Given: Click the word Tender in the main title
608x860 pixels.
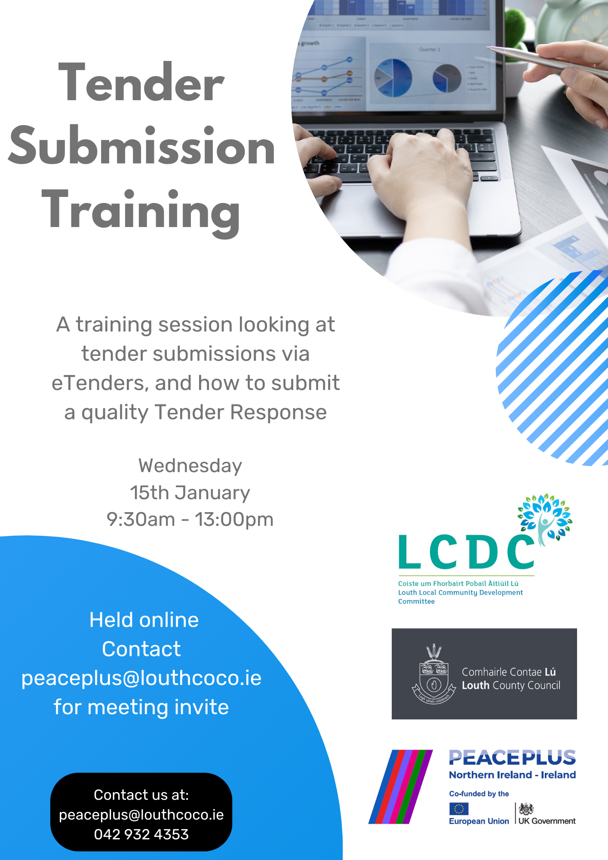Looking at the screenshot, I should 141,83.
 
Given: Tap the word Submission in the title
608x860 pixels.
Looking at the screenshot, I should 141,146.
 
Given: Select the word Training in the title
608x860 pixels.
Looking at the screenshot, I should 141,211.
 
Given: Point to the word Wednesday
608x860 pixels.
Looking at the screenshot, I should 190,466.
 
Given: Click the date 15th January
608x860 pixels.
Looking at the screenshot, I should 190,493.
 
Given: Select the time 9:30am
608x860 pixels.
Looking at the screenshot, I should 141,519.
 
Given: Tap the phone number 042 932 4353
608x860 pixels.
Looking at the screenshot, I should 141,835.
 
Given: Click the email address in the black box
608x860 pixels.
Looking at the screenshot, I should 141,815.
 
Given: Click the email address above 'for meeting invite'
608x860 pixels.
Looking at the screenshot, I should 141,678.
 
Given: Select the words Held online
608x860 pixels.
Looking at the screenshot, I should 144,620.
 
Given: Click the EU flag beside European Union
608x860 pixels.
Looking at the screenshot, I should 458,809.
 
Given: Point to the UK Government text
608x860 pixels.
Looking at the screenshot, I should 547,821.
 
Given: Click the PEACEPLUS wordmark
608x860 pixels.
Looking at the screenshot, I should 512,758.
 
